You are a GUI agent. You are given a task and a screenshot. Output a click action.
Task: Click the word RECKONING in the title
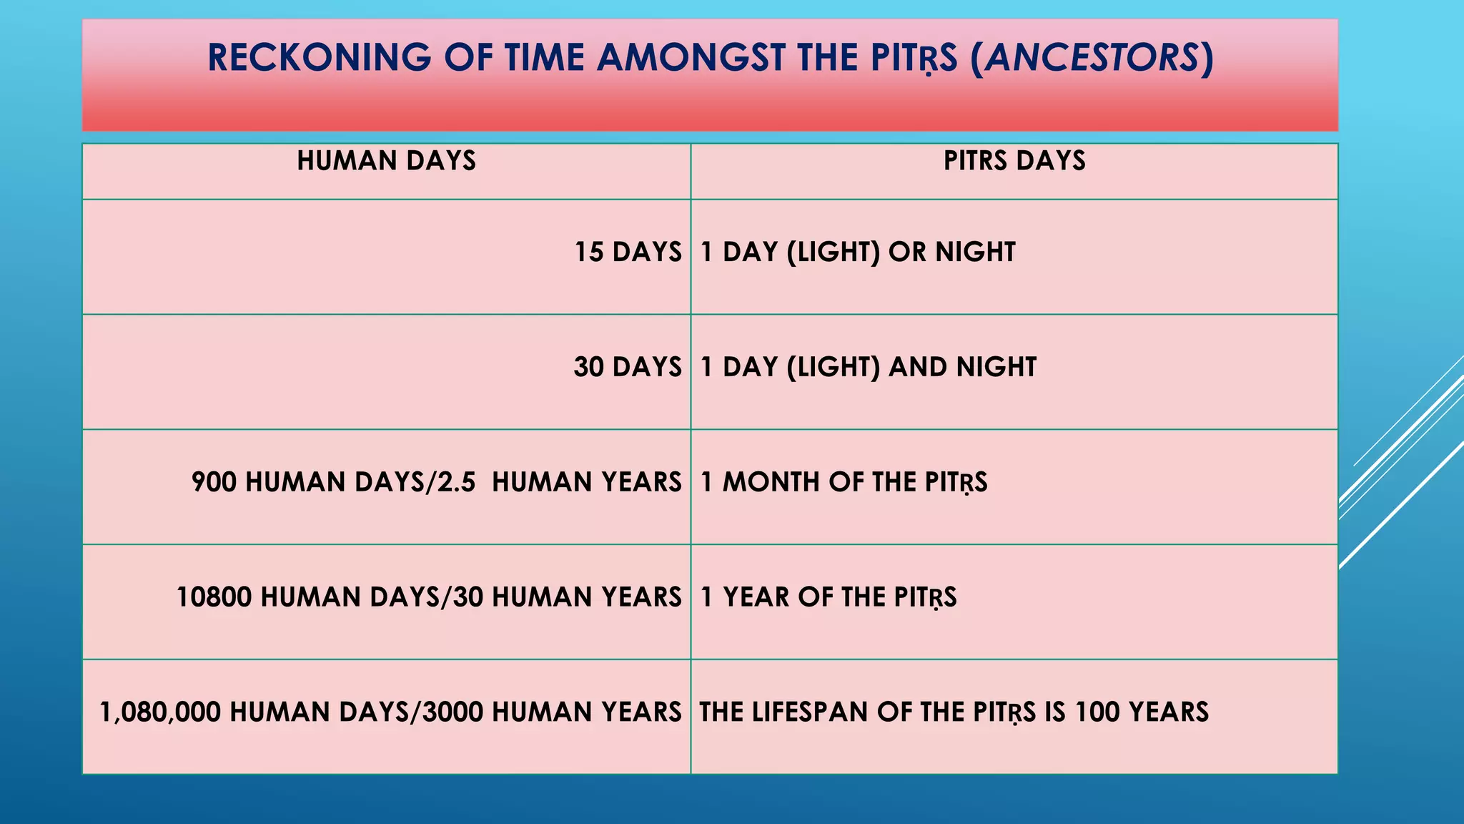[x=319, y=58]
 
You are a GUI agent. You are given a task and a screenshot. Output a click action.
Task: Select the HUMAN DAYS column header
[x=386, y=161]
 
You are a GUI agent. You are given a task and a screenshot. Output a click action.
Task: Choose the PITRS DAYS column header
[x=1014, y=161]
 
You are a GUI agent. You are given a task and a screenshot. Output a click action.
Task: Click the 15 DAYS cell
[x=628, y=252]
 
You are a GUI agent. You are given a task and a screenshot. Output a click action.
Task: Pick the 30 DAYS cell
[x=628, y=368]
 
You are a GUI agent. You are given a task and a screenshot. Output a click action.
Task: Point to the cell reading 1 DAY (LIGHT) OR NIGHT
[x=858, y=252]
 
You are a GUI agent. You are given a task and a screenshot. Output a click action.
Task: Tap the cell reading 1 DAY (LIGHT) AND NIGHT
[x=869, y=368]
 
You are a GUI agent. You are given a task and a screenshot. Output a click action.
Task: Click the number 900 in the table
[x=214, y=483]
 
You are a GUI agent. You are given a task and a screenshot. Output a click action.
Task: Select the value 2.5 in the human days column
[x=456, y=483]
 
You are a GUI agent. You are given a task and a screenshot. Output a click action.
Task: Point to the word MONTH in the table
[x=771, y=483]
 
